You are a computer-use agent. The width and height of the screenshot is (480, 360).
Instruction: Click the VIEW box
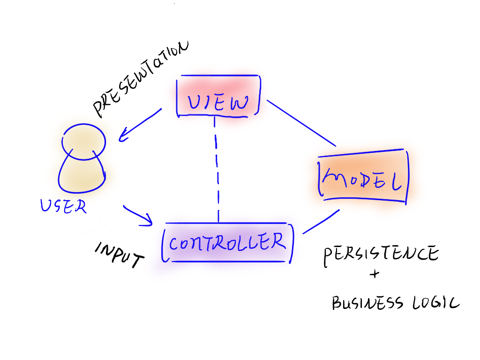tap(218, 96)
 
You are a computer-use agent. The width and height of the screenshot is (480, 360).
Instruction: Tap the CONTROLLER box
tap(227, 242)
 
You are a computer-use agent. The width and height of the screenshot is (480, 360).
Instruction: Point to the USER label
tap(63, 206)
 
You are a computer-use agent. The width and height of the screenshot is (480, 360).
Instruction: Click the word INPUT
tap(119, 255)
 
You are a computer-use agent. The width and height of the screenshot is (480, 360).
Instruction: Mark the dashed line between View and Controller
tap(216, 169)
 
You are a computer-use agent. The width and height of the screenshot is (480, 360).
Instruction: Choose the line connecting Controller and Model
tap(321, 221)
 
